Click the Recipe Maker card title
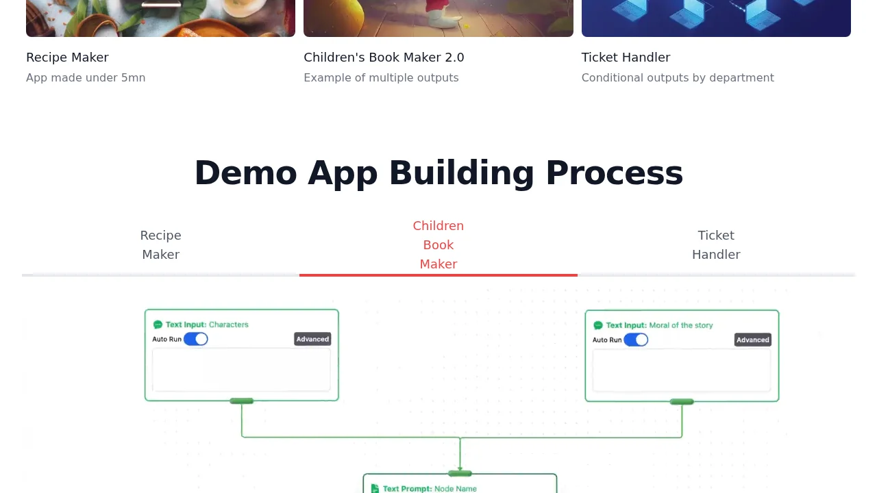click(x=67, y=58)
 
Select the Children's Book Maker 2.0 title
click(x=384, y=58)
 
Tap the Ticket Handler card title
click(x=626, y=58)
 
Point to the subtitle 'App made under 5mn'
click(x=86, y=78)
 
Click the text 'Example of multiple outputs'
click(x=381, y=78)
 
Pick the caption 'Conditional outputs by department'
click(x=678, y=78)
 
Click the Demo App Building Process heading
click(x=438, y=173)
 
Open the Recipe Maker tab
click(x=160, y=245)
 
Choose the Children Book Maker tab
click(x=438, y=245)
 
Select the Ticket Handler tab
click(x=716, y=245)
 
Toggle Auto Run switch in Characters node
click(x=196, y=339)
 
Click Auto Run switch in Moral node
click(x=637, y=340)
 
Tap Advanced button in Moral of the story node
click(x=753, y=340)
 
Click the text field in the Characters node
click(x=241, y=370)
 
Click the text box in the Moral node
click(x=682, y=370)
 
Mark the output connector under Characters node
click(x=242, y=401)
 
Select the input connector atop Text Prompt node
click(x=460, y=473)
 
